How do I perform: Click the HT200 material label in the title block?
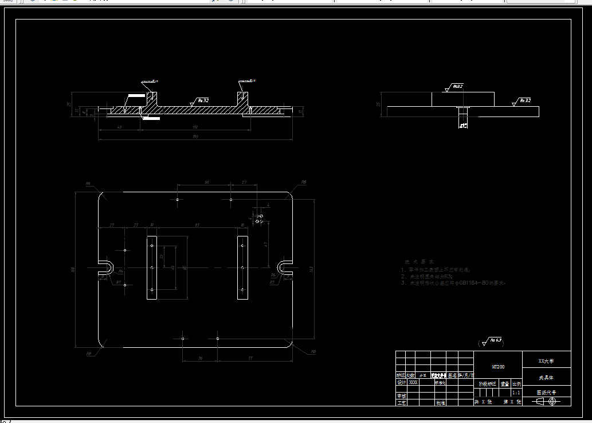tap(498, 366)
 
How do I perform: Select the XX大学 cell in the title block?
tap(546, 362)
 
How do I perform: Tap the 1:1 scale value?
tap(516, 393)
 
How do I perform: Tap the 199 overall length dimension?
tap(196, 136)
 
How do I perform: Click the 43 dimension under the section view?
tap(119, 127)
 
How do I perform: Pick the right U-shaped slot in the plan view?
tap(284, 267)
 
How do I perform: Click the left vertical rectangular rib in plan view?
tap(151, 267)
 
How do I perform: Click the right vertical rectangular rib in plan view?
tap(243, 267)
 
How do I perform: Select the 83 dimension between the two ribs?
tap(197, 225)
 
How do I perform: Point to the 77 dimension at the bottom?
tap(250, 358)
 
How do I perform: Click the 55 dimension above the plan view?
tap(206, 182)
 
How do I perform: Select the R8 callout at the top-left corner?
tap(88, 184)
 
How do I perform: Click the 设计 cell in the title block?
tap(401, 382)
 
